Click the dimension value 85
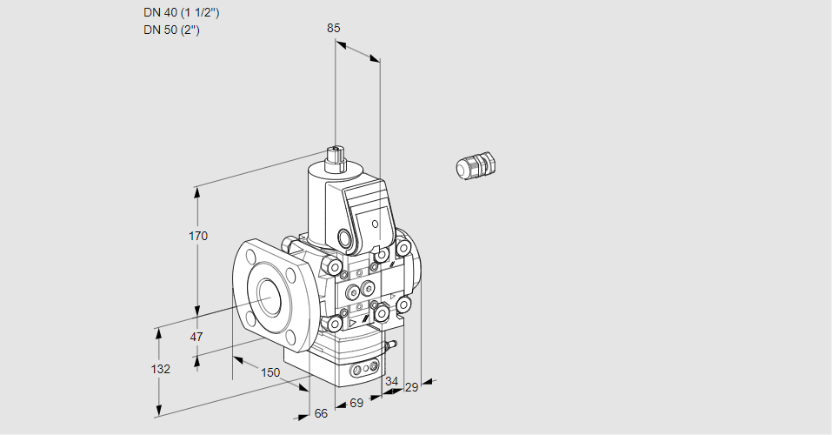333,28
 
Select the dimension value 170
198,236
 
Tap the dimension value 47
196,337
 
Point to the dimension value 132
160,369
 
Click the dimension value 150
270,372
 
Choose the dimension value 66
320,413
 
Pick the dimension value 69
355,402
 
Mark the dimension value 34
391,381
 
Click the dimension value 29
411,387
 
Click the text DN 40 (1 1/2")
182,12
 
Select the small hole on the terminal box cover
376,224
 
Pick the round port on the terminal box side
347,238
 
